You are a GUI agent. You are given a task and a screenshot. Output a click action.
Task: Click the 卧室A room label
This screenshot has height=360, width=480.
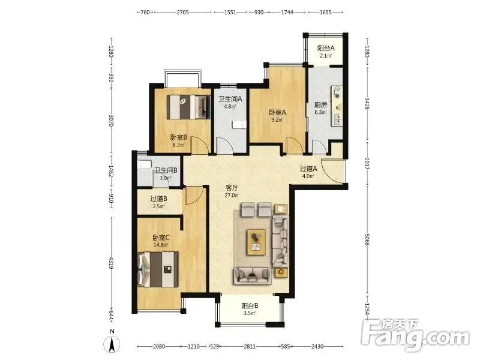tap(277, 112)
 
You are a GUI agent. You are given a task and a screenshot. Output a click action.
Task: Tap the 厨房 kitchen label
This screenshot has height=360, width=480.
tap(320, 105)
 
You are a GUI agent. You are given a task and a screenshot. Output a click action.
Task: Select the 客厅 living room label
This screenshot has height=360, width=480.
tap(232, 188)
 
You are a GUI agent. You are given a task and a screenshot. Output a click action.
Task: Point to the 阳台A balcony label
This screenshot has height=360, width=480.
tap(326, 48)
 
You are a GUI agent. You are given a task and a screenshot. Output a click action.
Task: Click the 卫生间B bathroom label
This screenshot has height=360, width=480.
tap(166, 170)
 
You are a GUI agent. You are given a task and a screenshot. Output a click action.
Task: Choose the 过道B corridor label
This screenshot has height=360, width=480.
tap(158, 199)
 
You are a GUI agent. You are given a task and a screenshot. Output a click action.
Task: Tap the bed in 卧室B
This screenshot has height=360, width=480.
tap(188, 107)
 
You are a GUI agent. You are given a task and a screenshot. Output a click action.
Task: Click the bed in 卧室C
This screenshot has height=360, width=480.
tap(158, 269)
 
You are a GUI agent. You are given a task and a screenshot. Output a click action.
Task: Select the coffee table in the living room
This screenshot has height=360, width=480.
tap(256, 242)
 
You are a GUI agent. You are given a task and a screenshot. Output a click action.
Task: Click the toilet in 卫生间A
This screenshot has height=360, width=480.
tap(239, 125)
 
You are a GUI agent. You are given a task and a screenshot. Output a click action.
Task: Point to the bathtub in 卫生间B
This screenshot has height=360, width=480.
tap(145, 164)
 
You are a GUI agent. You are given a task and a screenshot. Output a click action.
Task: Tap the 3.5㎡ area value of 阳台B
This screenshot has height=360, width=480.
tap(250, 313)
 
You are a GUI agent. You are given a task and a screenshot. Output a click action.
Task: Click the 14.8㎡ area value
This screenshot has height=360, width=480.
tap(161, 245)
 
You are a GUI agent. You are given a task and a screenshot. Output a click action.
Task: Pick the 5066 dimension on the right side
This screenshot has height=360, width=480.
tap(367, 239)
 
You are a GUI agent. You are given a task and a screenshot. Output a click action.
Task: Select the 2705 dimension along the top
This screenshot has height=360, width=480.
tap(183, 12)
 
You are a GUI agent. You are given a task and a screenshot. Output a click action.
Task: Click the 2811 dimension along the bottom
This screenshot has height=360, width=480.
tap(250, 347)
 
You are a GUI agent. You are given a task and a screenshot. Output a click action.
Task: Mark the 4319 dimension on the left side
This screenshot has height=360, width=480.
tap(112, 263)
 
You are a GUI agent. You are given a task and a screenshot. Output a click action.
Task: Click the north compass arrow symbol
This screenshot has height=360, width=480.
tap(112, 344)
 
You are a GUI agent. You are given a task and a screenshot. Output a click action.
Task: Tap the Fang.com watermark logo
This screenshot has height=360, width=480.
tap(415, 335)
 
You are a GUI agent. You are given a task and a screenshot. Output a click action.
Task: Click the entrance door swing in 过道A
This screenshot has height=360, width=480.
tap(333, 172)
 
